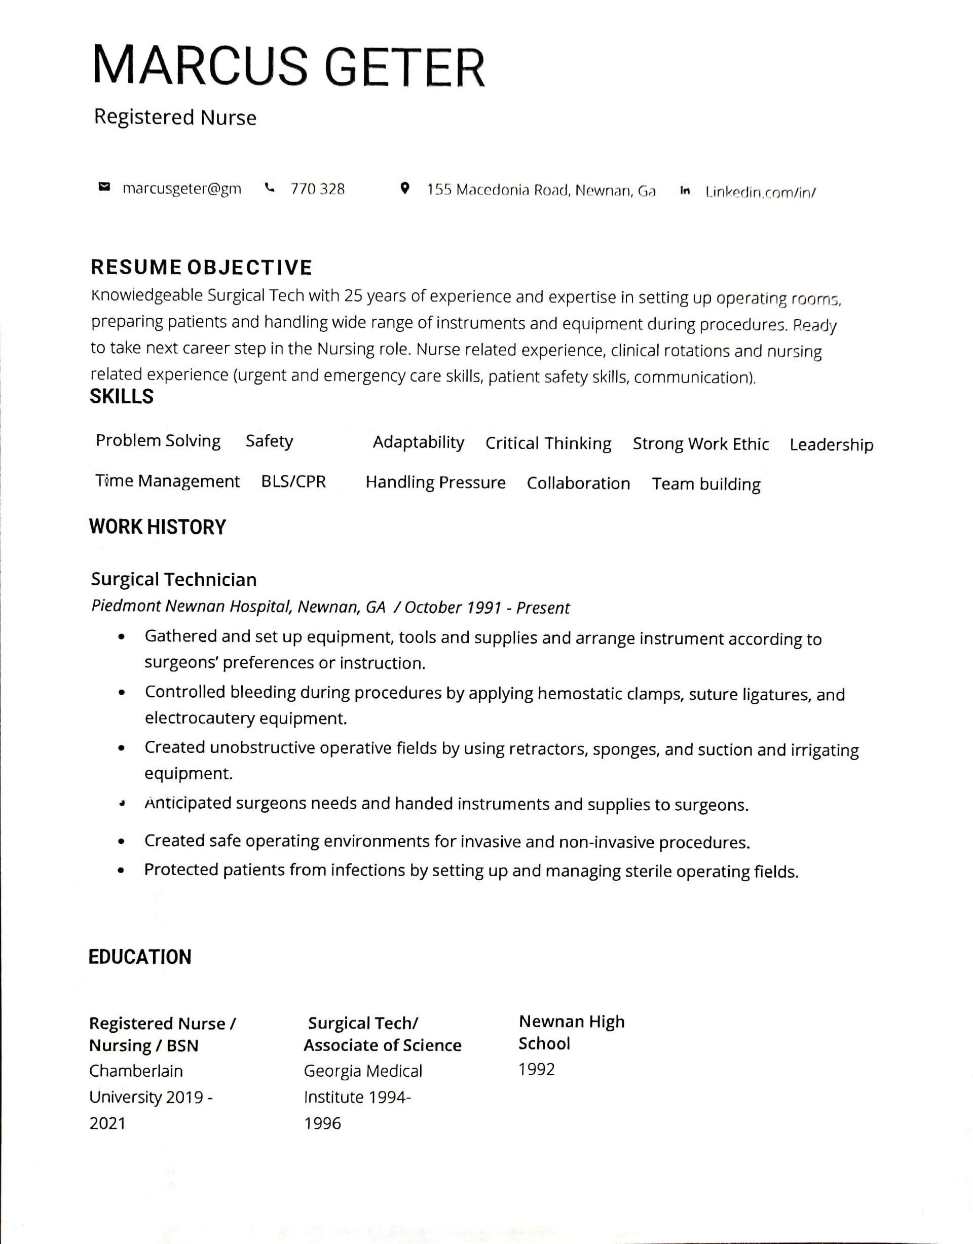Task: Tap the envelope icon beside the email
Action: pyautogui.click(x=104, y=187)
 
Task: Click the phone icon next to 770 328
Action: pyautogui.click(x=270, y=187)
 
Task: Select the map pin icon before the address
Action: pyautogui.click(x=404, y=188)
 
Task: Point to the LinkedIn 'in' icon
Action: pyautogui.click(x=685, y=191)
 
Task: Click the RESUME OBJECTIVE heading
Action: pyautogui.click(x=202, y=268)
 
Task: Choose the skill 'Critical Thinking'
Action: pyautogui.click(x=548, y=443)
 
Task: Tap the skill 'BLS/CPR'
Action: pyautogui.click(x=293, y=482)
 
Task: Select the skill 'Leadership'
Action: pyautogui.click(x=831, y=445)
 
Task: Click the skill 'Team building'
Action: pyautogui.click(x=706, y=484)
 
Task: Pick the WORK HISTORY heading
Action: pyautogui.click(x=158, y=527)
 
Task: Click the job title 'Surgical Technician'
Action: pyautogui.click(x=174, y=579)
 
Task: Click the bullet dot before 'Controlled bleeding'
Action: pyautogui.click(x=121, y=693)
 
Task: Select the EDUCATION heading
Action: pyautogui.click(x=140, y=957)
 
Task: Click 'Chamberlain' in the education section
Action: pyautogui.click(x=136, y=1071)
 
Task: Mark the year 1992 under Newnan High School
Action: pyautogui.click(x=536, y=1069)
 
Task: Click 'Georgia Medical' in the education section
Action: pyautogui.click(x=363, y=1071)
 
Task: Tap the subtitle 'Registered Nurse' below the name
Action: pyautogui.click(x=175, y=118)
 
